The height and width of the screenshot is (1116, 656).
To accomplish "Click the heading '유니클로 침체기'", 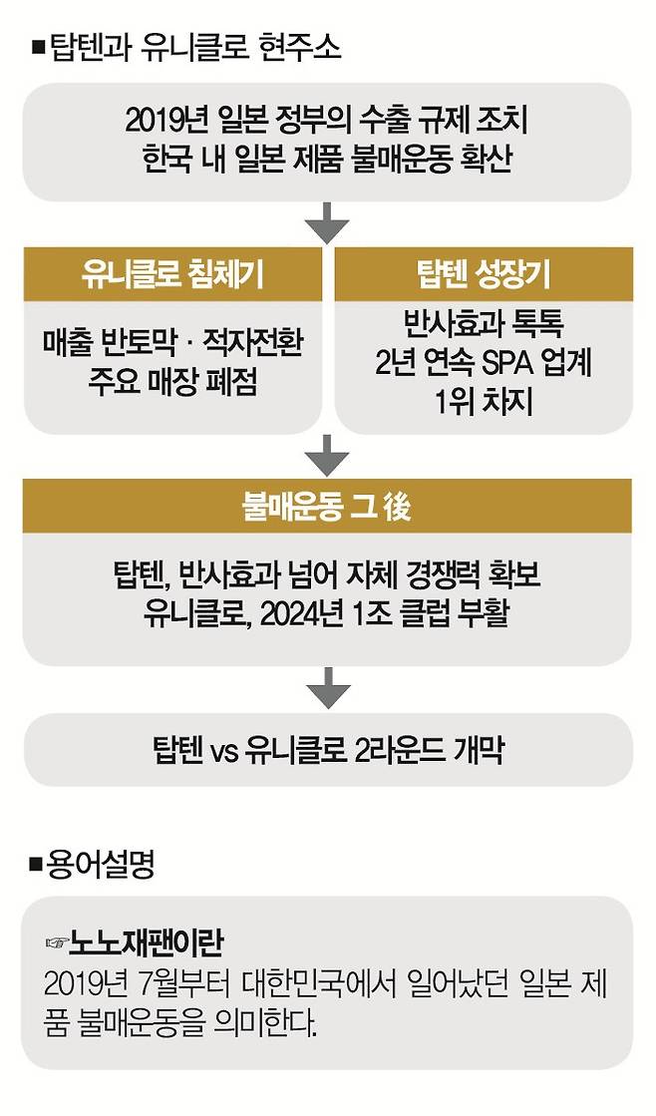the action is coord(172,274).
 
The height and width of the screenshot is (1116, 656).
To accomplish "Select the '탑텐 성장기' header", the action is coord(484,274).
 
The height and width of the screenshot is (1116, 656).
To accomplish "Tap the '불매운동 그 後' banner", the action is coord(327,506).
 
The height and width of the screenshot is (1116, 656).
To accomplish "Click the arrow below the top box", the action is coord(327,222).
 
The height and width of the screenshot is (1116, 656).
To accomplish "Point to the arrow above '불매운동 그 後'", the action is coord(327,456).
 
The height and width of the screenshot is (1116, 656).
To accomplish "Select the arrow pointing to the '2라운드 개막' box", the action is coord(327,687).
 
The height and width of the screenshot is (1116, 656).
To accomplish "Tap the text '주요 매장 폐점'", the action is coord(172,381).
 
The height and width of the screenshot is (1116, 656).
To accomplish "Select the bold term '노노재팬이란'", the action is coord(146,943).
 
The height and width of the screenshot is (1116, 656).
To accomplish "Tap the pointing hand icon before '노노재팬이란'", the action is coord(56,943).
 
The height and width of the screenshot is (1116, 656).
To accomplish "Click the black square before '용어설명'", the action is coord(36,864).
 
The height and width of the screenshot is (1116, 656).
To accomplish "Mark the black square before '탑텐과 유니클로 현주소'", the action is coord(39,49).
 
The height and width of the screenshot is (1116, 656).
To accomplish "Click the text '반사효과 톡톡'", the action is coord(484,324).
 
